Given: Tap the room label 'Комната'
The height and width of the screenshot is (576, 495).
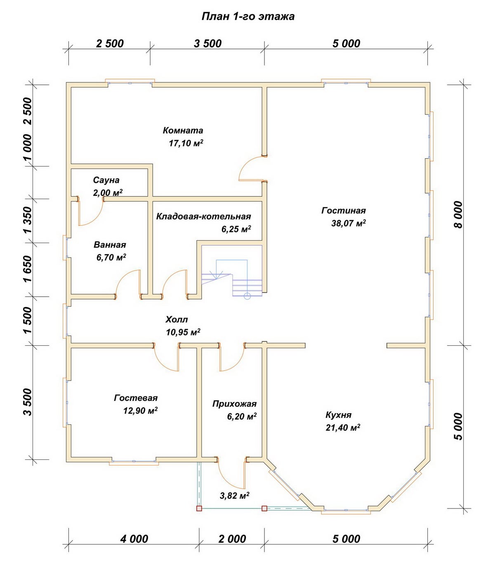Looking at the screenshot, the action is tap(183, 131).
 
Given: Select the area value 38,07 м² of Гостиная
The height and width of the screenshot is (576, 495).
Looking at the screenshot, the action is tap(349, 223).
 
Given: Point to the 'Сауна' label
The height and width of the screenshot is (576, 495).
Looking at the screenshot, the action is tap(106, 180).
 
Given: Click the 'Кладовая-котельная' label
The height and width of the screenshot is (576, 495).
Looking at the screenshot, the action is tap(203, 216).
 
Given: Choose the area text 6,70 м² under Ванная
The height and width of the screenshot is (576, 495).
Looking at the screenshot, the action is tap(111, 257).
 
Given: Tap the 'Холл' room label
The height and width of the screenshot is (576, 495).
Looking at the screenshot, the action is tap(177, 319).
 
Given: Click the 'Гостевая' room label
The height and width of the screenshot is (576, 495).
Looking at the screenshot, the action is tap(136, 398).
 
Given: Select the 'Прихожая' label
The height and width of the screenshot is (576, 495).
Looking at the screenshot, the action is tap(234, 404).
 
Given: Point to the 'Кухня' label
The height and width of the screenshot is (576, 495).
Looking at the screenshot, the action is tap(339, 415).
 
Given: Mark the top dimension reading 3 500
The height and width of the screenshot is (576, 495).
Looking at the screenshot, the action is tap(207, 44).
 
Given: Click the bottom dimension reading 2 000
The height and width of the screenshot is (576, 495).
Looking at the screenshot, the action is tap(232, 539).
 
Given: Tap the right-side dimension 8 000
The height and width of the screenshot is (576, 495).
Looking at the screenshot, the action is tap(458, 215).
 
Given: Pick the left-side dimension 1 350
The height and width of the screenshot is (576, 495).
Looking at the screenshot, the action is tap(28, 220).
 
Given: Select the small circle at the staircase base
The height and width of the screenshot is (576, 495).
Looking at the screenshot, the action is tap(247, 296).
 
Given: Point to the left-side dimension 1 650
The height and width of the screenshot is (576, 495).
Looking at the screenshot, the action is tap(28, 269).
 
